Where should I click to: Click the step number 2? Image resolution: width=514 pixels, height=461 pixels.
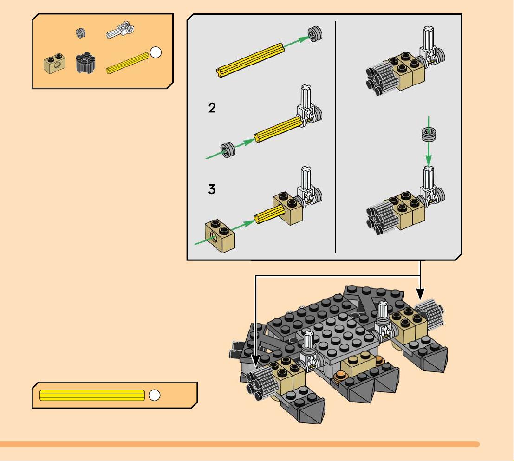tap(212, 108)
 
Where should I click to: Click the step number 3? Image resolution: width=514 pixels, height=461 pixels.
tap(212, 189)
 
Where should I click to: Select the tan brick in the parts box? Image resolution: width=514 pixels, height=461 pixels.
tap(54, 63)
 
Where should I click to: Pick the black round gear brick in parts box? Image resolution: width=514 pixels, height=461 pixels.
tap(85, 62)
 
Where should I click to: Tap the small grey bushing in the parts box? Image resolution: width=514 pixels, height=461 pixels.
tap(81, 32)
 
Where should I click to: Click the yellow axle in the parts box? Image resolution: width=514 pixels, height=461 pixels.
tap(127, 63)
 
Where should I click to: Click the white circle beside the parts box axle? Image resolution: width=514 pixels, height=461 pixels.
tap(156, 52)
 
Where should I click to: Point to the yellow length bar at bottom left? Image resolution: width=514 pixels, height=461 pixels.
tap(92, 395)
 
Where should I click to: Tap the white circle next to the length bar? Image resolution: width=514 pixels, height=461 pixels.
tap(155, 395)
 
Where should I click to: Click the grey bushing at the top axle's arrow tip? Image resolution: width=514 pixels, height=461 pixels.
tap(315, 34)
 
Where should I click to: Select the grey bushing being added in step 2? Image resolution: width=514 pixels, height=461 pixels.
tap(228, 149)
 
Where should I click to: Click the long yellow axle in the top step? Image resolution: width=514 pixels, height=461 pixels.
tap(250, 60)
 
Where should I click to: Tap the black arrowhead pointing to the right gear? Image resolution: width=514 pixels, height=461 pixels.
tap(420, 293)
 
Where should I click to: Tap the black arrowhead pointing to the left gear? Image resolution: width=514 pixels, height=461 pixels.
tap(256, 361)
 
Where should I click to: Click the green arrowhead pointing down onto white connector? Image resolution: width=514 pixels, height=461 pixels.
tap(429, 161)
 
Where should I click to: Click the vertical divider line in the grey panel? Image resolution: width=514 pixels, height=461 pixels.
tap(336, 137)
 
